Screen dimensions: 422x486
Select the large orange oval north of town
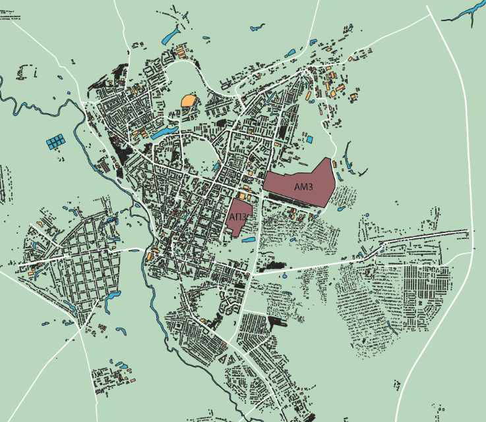[189, 101]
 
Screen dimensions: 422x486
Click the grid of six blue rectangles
[56, 141]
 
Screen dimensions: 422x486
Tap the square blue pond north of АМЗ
[309, 140]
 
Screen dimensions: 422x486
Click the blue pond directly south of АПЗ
[249, 240]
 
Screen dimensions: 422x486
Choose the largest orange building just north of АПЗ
[243, 196]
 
